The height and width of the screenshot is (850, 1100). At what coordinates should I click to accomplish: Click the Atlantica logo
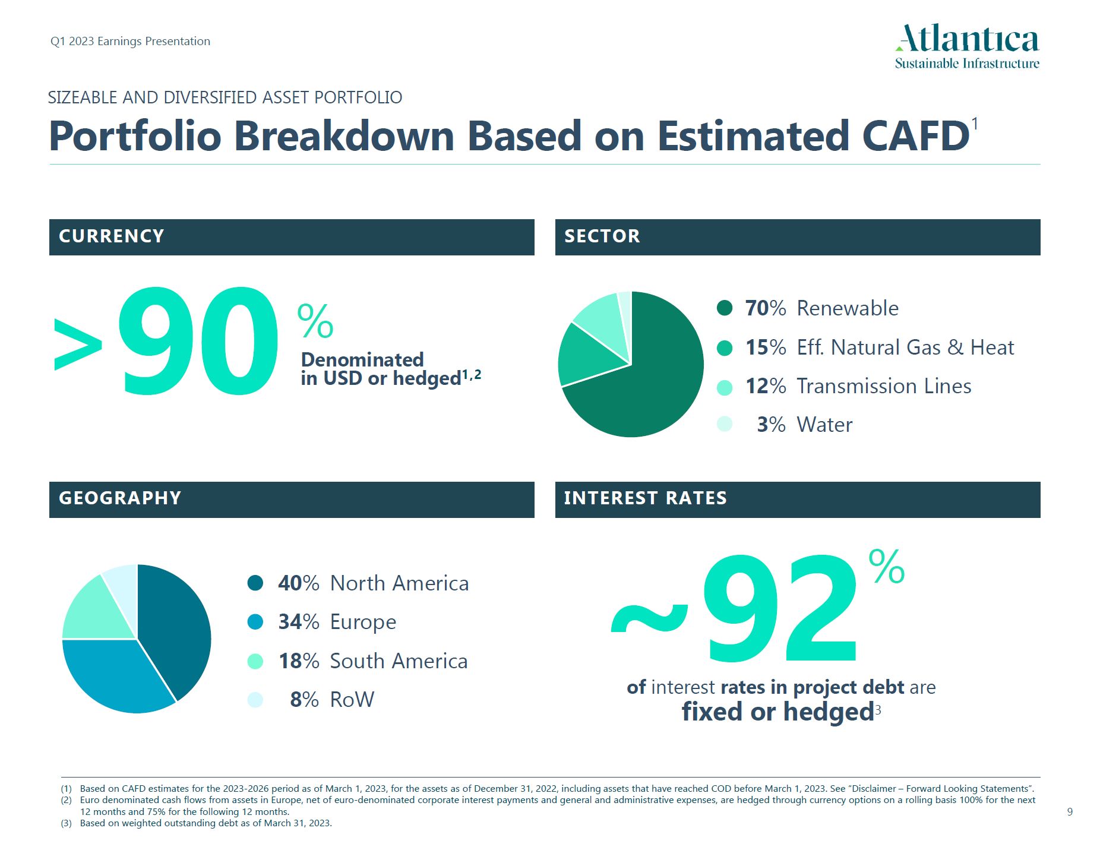(967, 46)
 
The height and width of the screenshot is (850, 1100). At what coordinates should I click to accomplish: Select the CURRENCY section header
(291, 237)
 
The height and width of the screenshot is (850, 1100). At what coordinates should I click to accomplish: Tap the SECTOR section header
(797, 237)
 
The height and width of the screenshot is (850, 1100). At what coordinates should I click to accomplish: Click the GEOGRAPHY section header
(291, 500)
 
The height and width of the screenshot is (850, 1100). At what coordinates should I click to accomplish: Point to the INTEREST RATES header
(797, 500)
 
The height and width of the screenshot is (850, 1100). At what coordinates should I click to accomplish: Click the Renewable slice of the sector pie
(659, 380)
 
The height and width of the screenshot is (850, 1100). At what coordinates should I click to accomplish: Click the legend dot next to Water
(725, 424)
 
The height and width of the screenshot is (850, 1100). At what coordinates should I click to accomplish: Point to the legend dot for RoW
(255, 700)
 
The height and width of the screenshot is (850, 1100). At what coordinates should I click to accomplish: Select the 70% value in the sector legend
(765, 308)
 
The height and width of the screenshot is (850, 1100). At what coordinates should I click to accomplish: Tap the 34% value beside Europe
(298, 622)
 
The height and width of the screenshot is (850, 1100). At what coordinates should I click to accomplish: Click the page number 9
(1070, 812)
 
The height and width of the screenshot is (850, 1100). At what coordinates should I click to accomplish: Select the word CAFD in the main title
(915, 137)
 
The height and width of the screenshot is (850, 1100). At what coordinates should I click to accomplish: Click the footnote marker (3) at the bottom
(66, 823)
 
